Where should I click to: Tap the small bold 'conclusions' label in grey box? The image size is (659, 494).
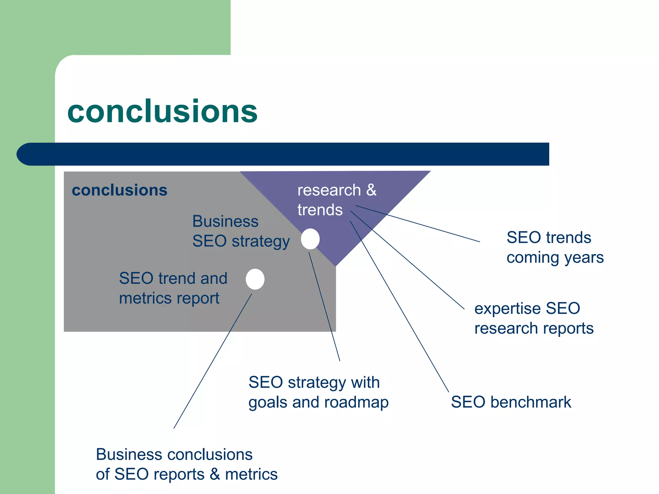[119, 190]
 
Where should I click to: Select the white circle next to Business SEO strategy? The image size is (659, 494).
[310, 239]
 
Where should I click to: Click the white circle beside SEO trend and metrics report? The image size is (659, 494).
[255, 279]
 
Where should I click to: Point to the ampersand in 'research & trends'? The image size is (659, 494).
[371, 190]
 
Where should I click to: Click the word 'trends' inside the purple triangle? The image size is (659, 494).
[320, 210]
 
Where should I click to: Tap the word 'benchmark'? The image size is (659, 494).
[531, 402]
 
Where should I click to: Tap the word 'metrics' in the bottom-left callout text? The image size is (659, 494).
[251, 474]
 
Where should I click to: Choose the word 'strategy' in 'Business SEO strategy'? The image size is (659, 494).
[261, 241]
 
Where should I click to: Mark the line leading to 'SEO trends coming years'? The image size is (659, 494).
[418, 224]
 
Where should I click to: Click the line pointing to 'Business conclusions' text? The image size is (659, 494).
[212, 361]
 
